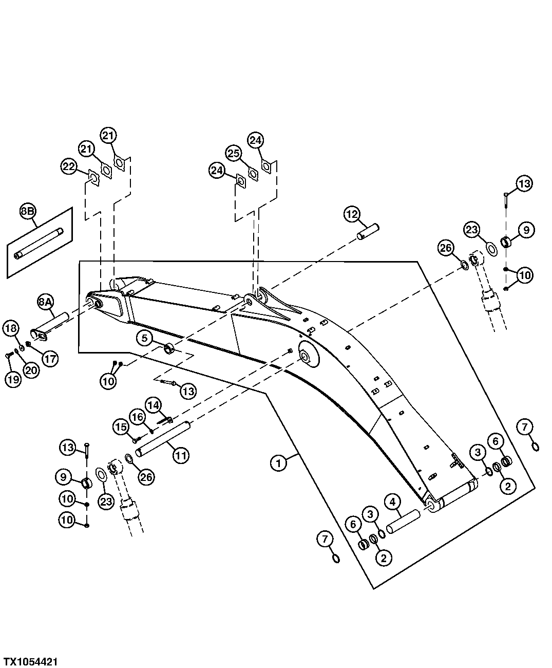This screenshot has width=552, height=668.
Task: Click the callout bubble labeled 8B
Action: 27,211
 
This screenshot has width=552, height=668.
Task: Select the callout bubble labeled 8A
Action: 46,302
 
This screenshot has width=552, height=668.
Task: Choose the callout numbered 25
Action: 234,153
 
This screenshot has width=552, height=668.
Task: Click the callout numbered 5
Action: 145,338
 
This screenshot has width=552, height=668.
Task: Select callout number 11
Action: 180,455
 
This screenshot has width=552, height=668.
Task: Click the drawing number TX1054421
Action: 31,661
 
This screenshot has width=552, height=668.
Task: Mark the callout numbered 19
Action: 13,380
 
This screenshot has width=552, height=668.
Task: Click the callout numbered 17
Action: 50,359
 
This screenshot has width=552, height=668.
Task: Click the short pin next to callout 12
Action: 368,230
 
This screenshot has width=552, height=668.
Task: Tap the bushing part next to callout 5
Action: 168,350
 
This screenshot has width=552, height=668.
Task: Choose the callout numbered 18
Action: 12,327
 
